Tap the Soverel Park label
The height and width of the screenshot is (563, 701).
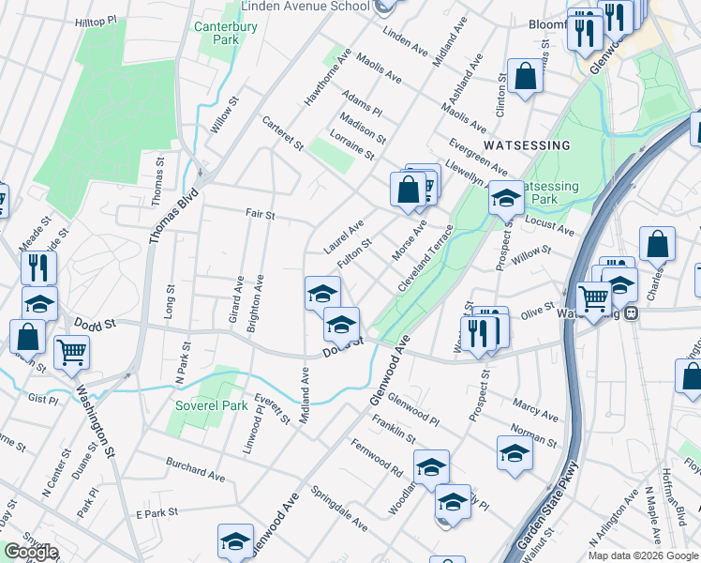click(211, 406)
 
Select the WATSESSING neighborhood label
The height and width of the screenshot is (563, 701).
click(528, 145)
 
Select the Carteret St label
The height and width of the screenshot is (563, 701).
click(283, 133)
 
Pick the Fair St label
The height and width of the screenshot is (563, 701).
click(260, 215)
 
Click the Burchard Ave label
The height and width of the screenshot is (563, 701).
click(195, 470)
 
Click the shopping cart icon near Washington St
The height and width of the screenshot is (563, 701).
click(71, 354)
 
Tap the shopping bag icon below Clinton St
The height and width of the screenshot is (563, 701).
click(525, 77)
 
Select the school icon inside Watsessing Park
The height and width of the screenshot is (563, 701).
click(506, 198)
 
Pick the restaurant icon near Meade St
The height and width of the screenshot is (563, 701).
click(38, 267)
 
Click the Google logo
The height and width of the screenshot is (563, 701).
click(31, 552)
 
